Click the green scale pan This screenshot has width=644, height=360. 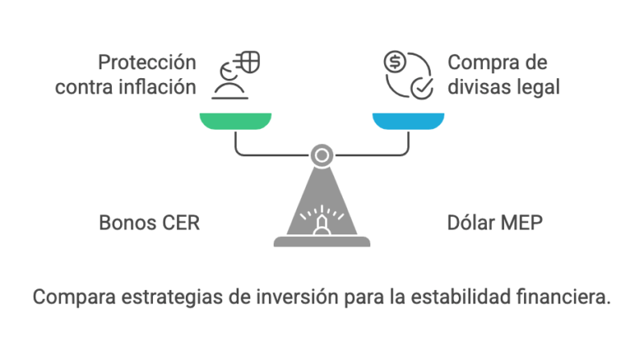tap(235, 120)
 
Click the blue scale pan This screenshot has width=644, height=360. tap(408, 120)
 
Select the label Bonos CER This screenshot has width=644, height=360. tap(149, 222)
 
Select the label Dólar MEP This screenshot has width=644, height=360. tap(495, 222)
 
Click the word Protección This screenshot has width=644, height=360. tap(147, 62)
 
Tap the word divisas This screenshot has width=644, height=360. tap(478, 86)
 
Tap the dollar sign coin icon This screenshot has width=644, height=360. tap(394, 61)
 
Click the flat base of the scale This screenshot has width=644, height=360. tap(321, 241)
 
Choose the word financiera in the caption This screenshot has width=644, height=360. tap(567, 296)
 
